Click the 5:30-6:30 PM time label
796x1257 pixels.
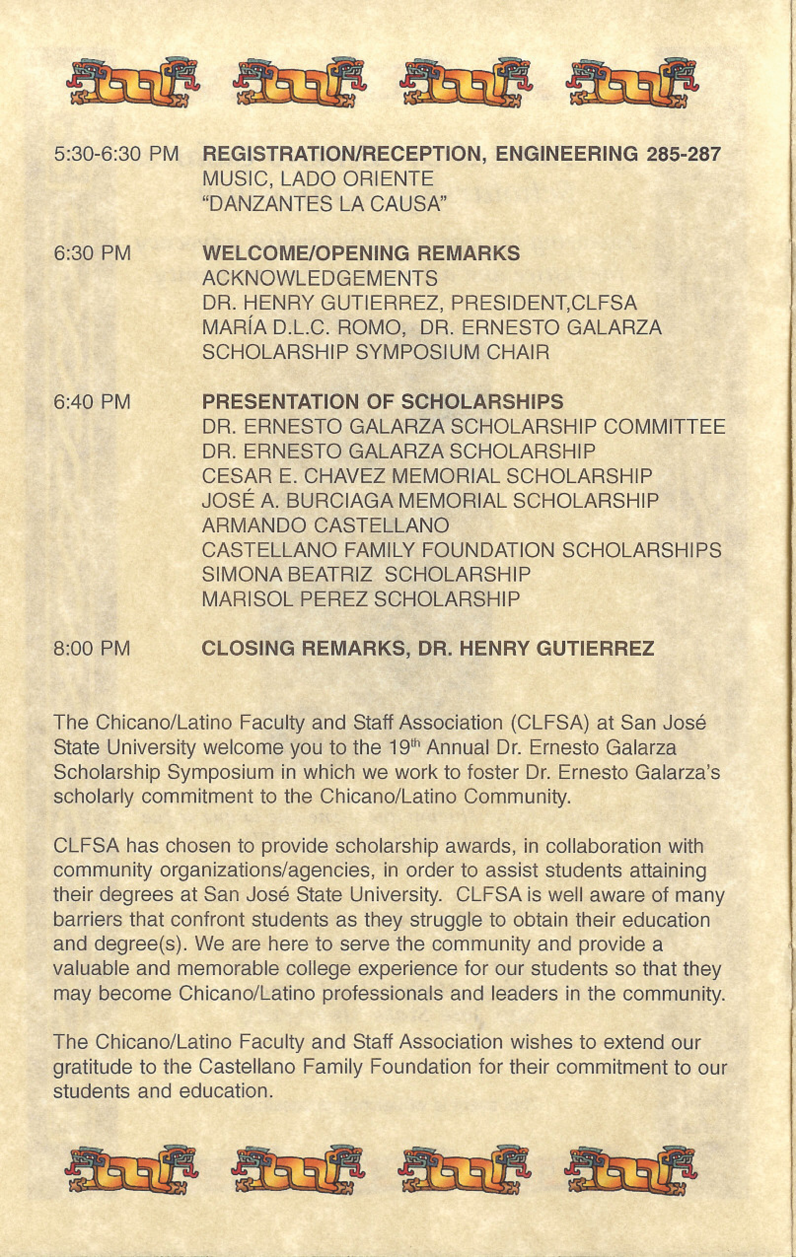pyautogui.click(x=116, y=154)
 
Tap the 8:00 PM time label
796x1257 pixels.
pyautogui.click(x=92, y=648)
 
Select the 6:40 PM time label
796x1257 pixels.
pyautogui.click(x=92, y=402)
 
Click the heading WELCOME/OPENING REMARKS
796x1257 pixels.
pyautogui.click(x=361, y=253)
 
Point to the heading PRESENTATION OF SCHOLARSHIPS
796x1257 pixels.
pyautogui.click(x=383, y=402)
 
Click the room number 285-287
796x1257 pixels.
pyautogui.click(x=683, y=154)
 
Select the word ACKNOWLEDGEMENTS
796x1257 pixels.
pyautogui.click(x=320, y=278)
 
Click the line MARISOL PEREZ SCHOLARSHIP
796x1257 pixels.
pyautogui.click(x=361, y=599)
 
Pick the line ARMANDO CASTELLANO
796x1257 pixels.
pyautogui.click(x=326, y=525)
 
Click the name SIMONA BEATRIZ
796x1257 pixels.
pyautogui.click(x=287, y=575)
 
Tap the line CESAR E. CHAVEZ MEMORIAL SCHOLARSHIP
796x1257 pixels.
pyautogui.click(x=427, y=476)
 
